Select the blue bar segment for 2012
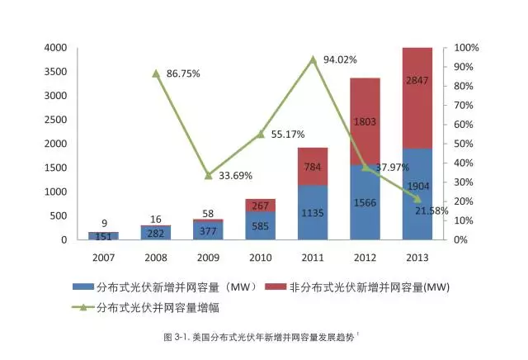(x=365, y=202)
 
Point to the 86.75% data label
(x=183, y=74)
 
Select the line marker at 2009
(x=208, y=175)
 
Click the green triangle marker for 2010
(x=260, y=134)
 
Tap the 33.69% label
(x=235, y=175)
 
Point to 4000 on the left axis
(x=57, y=48)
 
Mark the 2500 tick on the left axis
(x=57, y=120)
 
